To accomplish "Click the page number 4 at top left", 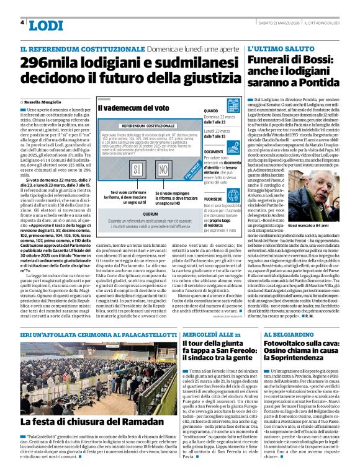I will click(x=23, y=23).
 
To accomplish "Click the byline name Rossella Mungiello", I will click(x=49, y=101).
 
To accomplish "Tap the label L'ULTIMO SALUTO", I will click(x=277, y=48).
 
